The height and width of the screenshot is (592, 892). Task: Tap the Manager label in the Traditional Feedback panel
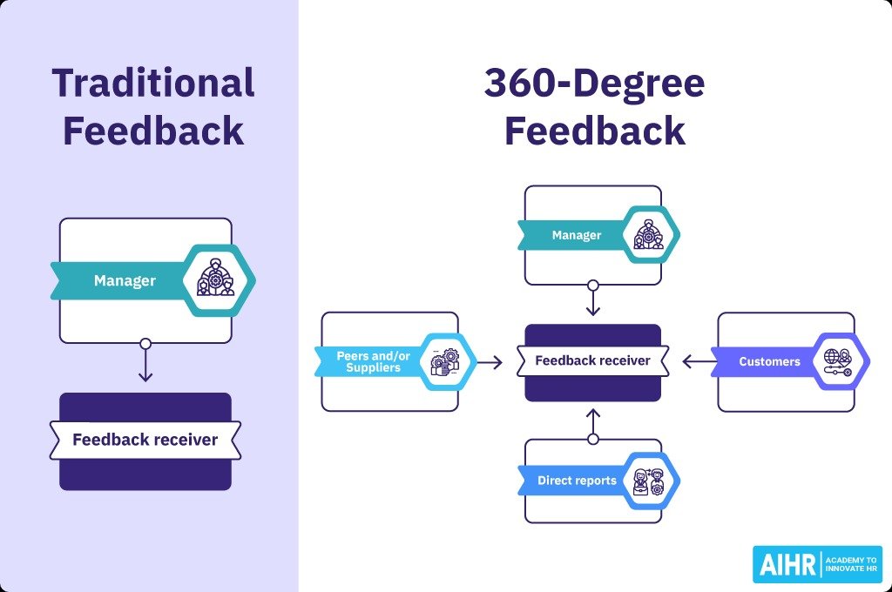pyautogui.click(x=125, y=280)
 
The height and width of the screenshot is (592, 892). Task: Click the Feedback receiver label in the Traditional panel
pyautogui.click(x=145, y=440)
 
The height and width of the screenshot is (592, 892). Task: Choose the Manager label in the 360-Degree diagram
pyautogui.click(x=576, y=235)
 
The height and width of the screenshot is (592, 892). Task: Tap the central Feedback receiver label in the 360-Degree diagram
pyautogui.click(x=592, y=360)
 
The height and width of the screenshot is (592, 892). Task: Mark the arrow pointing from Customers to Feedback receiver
pyautogui.click(x=697, y=361)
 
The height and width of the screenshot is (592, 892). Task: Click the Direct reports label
pyautogui.click(x=576, y=481)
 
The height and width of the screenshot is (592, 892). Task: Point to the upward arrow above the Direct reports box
pyautogui.click(x=593, y=423)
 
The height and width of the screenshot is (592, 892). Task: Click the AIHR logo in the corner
pyautogui.click(x=816, y=564)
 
